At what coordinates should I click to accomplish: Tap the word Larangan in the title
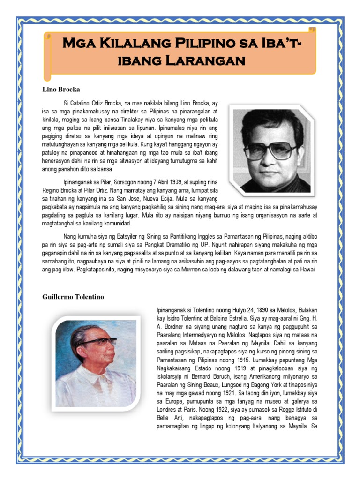211,61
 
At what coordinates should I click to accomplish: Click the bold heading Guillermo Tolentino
73,297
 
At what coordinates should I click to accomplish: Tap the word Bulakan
305,310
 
